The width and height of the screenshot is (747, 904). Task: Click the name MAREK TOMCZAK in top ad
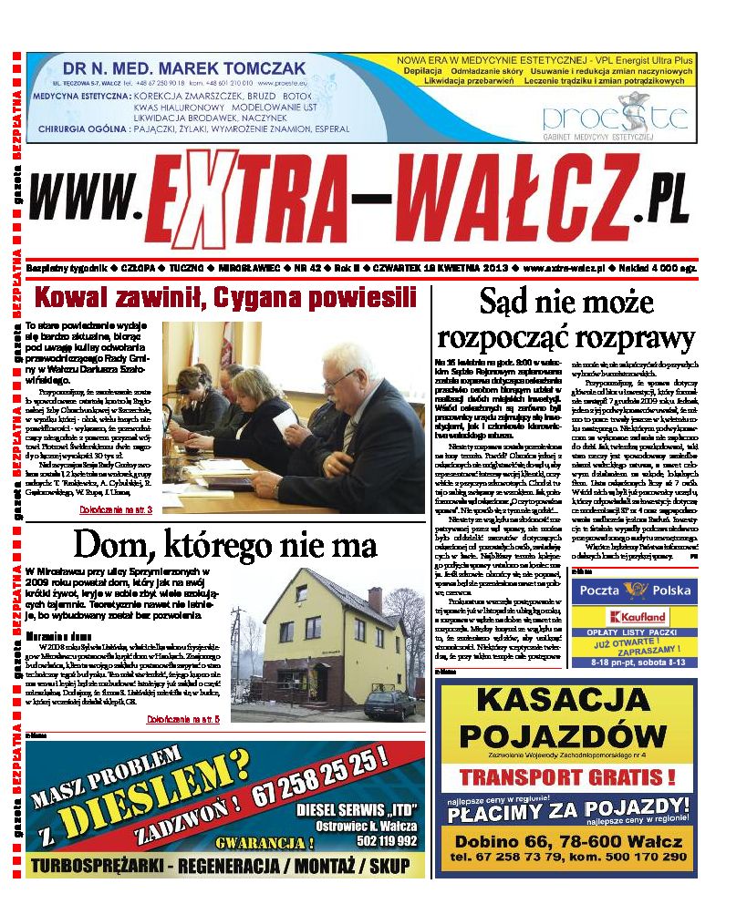(233, 68)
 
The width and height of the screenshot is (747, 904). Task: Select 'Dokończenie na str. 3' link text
(116, 508)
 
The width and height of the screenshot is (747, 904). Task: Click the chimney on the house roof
(375, 599)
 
